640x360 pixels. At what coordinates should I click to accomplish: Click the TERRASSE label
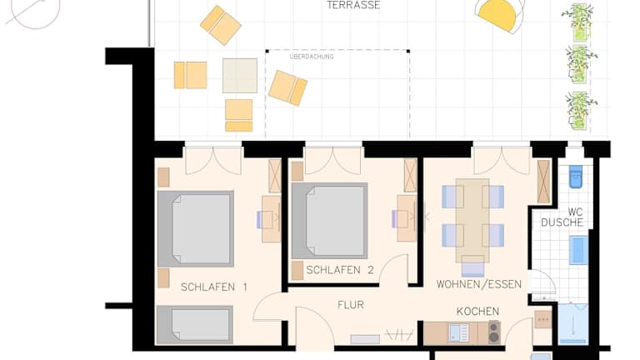click(353, 5)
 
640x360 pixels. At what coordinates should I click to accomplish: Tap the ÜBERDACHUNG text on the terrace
click(312, 57)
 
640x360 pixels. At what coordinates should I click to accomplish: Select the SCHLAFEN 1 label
click(214, 287)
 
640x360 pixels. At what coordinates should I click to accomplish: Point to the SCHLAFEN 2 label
click(340, 270)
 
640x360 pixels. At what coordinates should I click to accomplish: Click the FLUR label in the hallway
click(351, 305)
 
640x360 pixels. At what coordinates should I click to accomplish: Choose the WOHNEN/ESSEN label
click(479, 284)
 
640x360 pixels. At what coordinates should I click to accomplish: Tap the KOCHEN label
click(477, 312)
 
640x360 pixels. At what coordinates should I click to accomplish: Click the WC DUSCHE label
click(562, 217)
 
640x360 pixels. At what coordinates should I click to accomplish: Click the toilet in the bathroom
click(576, 177)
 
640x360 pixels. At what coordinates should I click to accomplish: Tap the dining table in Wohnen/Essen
click(472, 220)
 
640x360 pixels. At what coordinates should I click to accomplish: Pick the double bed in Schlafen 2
click(330, 220)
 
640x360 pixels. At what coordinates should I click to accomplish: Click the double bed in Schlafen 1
click(196, 229)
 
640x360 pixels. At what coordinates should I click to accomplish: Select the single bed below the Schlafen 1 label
click(195, 324)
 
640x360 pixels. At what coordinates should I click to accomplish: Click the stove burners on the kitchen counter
click(494, 332)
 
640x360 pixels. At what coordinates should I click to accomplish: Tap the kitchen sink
click(459, 332)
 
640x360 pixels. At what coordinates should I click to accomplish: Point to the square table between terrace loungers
click(240, 76)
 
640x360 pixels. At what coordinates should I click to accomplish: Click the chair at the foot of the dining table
click(472, 267)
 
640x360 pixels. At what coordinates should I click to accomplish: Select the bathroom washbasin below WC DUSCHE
click(579, 250)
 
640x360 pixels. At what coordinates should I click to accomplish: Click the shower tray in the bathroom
click(573, 324)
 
